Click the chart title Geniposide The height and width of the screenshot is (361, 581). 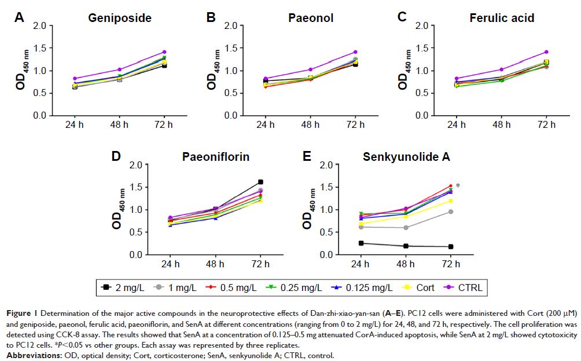point(120,18)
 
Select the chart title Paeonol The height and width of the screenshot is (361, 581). point(311,18)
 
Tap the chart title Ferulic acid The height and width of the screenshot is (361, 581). point(501,18)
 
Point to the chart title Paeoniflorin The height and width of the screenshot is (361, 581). point(215,157)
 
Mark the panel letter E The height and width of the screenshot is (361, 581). point(307,156)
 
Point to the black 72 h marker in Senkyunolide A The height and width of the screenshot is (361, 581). point(450,246)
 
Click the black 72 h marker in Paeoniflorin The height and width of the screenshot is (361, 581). point(260,182)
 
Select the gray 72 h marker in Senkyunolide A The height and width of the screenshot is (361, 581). point(450,212)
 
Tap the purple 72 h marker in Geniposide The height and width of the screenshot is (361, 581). point(164,52)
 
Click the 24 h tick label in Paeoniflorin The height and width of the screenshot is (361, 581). point(170,263)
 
